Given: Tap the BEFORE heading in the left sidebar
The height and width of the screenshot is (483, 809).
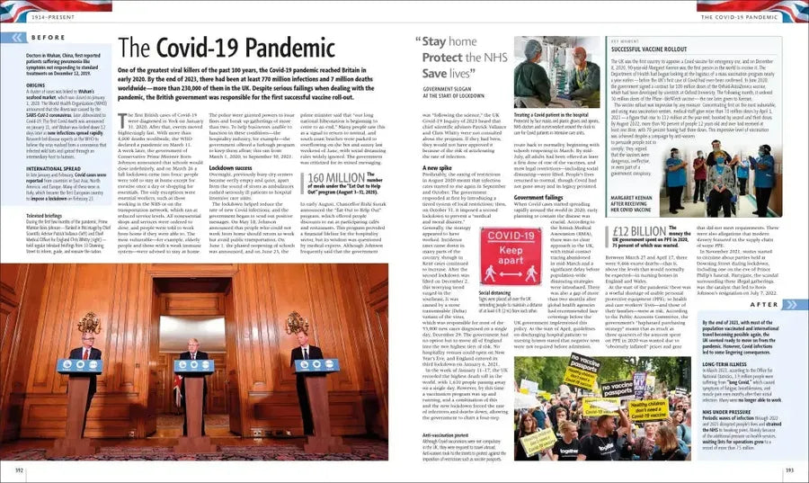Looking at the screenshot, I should (48, 37).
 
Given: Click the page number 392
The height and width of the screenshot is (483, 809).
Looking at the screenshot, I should (19, 470).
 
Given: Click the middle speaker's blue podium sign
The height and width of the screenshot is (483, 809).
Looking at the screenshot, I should (194, 366).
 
